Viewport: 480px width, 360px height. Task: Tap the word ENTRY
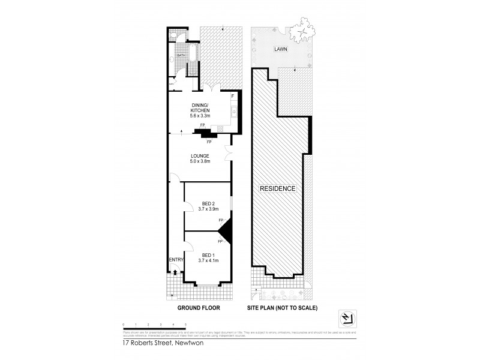pos(175,259)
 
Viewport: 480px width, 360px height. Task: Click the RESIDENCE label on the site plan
pos(277,188)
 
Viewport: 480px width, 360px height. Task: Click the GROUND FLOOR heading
pos(199,308)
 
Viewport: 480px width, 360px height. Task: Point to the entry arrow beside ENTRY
pos(175,271)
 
